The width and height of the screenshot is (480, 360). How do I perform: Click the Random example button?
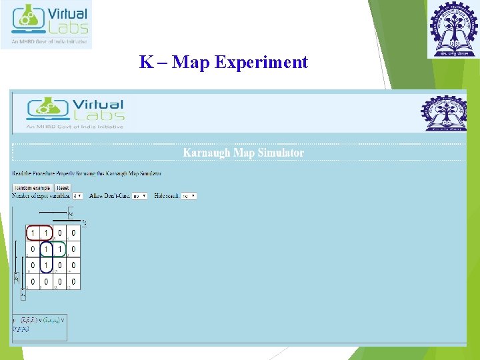[33, 188]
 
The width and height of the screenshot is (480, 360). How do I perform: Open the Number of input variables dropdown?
[77, 196]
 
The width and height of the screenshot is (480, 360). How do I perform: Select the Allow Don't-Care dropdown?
[139, 196]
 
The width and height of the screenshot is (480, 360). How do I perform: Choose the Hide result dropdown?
[189, 196]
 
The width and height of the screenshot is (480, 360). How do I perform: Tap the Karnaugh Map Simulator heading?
[243, 153]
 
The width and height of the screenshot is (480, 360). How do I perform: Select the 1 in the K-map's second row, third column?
[59, 249]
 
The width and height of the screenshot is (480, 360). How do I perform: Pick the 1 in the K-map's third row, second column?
[46, 266]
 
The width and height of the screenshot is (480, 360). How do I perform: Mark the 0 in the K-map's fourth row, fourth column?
[73, 283]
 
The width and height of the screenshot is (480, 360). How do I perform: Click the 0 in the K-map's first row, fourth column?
[73, 233]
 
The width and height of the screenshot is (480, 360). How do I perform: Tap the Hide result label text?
[167, 196]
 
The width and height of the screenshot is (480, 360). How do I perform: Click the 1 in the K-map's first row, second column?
[46, 233]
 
